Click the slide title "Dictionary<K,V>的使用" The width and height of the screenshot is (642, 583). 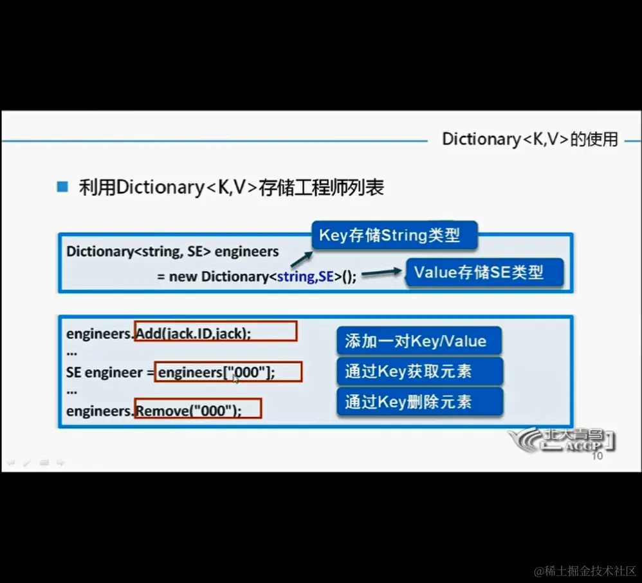pos(529,139)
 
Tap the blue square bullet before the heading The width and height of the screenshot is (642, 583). pos(62,187)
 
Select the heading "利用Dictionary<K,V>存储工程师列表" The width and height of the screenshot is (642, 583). pos(232,187)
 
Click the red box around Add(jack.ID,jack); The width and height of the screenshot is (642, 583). pos(216,332)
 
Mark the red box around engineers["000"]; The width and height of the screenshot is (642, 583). pos(228,372)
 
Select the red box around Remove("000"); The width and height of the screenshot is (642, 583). pos(197,409)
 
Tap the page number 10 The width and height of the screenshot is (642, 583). pos(597,456)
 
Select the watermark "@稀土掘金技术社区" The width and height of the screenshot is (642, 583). pos(584,571)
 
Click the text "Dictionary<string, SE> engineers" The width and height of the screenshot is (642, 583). pos(172,251)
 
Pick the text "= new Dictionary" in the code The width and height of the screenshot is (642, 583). pos(211,277)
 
